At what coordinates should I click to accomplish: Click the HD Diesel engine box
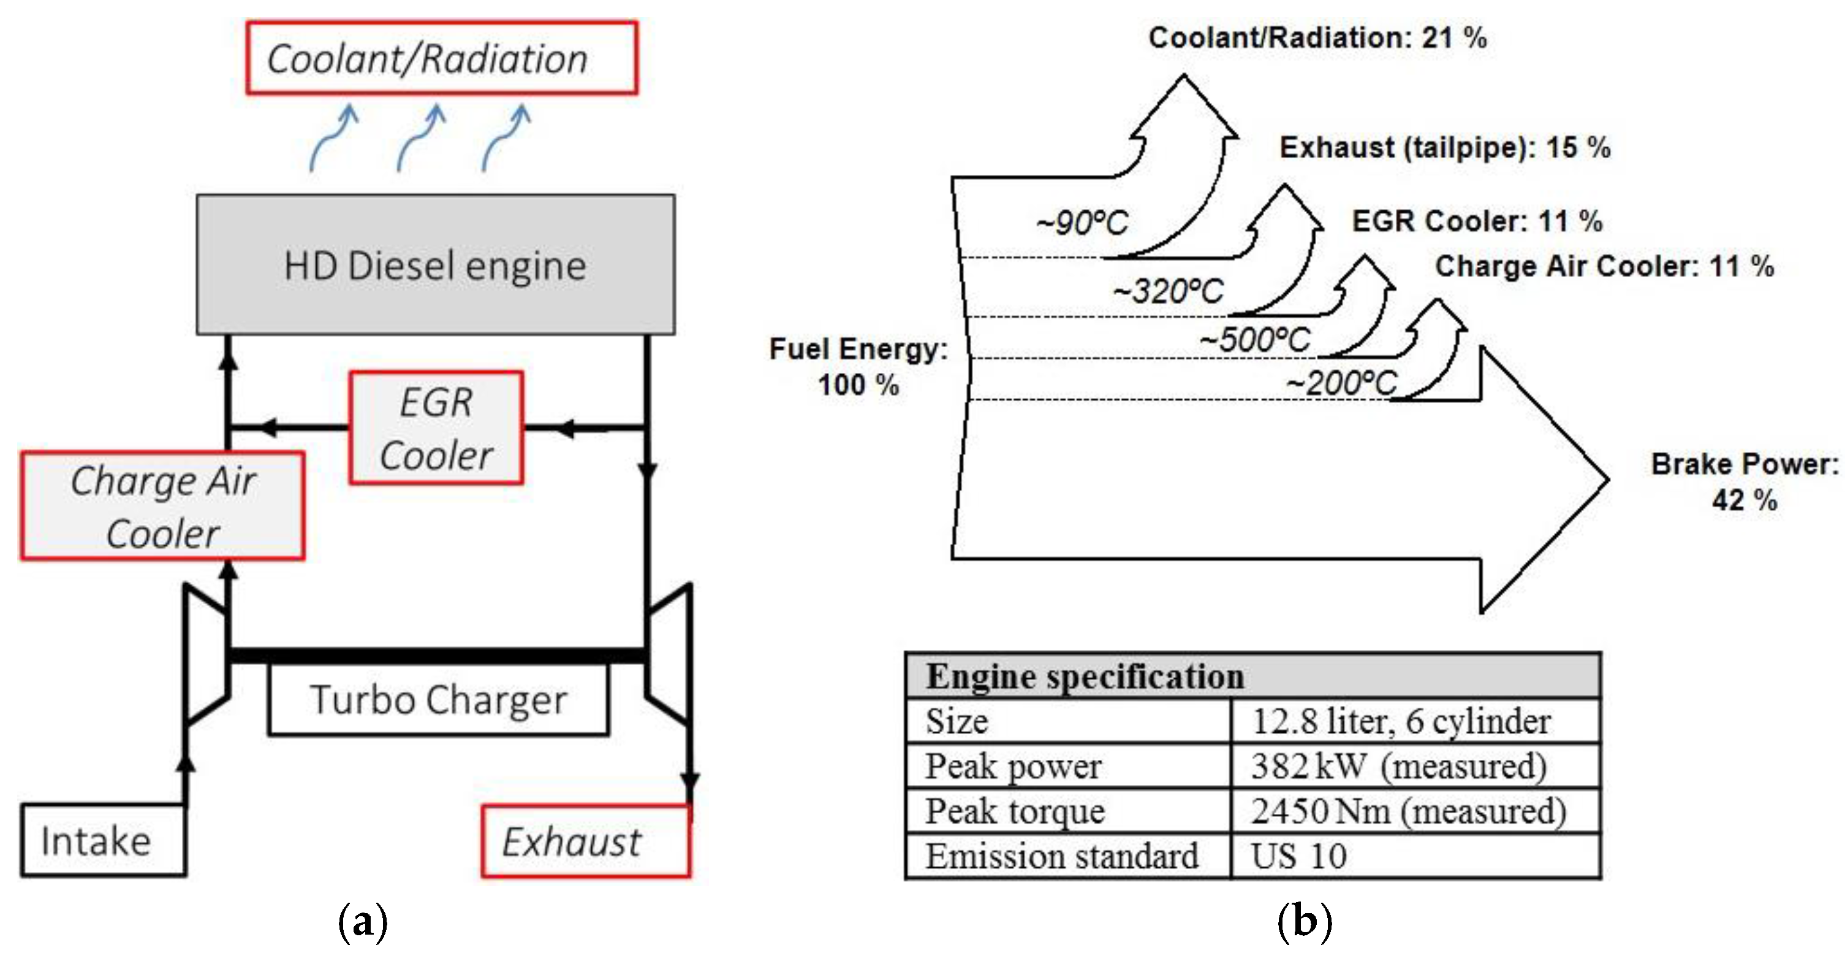coord(436,264)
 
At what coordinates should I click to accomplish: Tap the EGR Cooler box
coord(436,428)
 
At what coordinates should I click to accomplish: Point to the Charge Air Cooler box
coord(162,506)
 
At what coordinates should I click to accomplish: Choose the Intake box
coord(102,841)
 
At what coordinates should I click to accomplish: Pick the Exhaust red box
coord(585,841)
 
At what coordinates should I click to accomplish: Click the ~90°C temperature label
coord(1082,223)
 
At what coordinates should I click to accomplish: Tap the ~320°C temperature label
coord(1168,291)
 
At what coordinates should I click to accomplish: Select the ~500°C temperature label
coord(1255,340)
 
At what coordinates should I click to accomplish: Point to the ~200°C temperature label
coord(1341,383)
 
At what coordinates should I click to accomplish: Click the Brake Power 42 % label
coord(1744,481)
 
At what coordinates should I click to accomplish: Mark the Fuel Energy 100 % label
coord(858,366)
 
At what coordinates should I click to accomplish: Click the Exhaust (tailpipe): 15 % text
coord(1445,148)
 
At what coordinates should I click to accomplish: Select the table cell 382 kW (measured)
coord(1398,766)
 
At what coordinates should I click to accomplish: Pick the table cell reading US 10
coord(1298,856)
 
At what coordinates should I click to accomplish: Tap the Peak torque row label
coord(1015,811)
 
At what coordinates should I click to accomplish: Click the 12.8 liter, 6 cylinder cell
coord(1400,721)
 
